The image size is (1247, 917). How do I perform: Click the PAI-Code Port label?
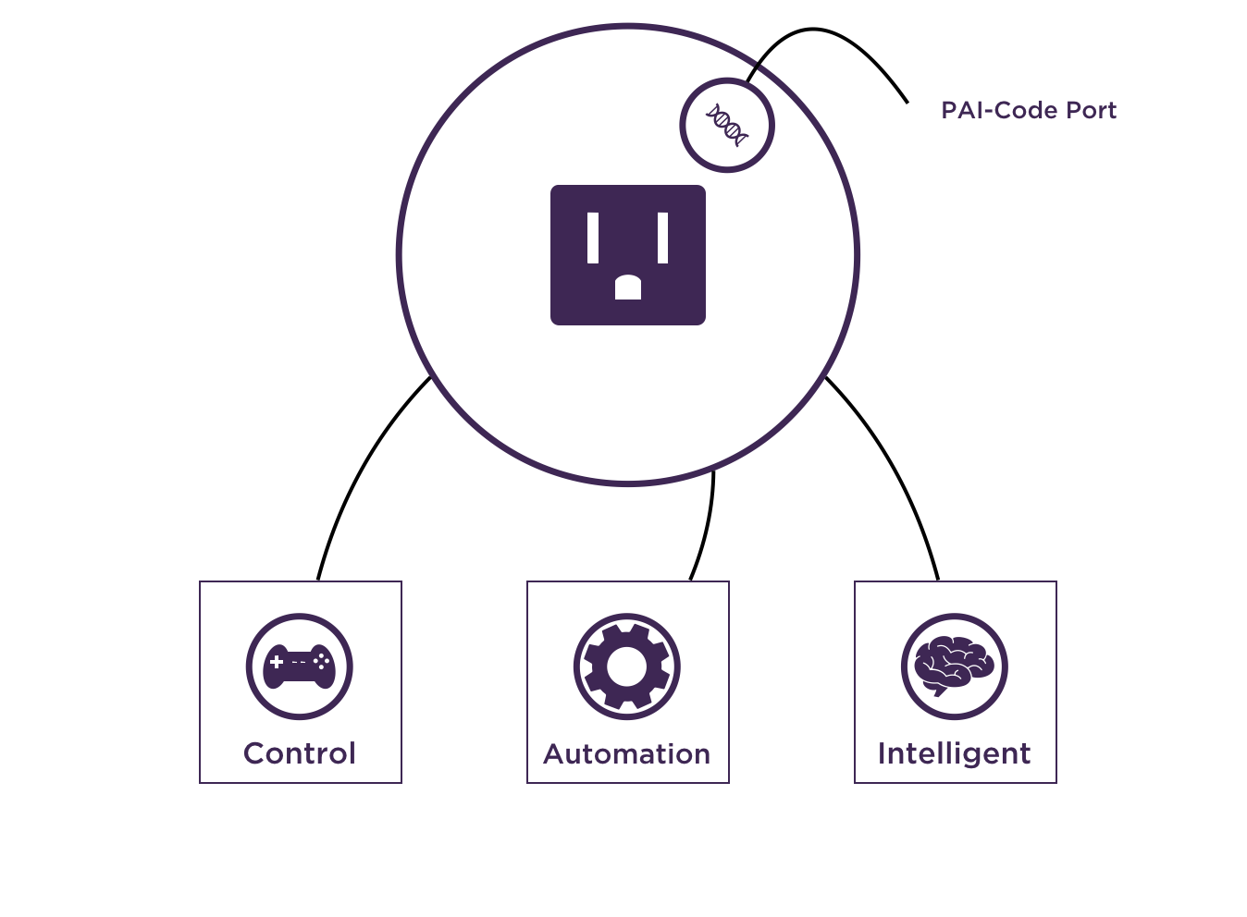click(1028, 110)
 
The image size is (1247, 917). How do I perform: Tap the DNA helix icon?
click(726, 125)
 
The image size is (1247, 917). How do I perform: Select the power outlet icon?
click(627, 255)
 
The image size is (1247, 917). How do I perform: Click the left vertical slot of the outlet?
click(593, 238)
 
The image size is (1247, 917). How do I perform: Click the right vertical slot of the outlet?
click(662, 238)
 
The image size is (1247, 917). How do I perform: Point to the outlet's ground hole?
click(627, 287)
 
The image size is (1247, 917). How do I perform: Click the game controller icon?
click(299, 666)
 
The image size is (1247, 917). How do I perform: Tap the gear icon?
click(626, 666)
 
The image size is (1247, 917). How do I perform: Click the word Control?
click(299, 753)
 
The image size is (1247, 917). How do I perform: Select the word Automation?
click(626, 753)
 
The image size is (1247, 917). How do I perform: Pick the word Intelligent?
click(954, 753)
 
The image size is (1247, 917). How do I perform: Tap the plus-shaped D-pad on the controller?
click(277, 662)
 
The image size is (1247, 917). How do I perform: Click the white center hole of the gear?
click(626, 666)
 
